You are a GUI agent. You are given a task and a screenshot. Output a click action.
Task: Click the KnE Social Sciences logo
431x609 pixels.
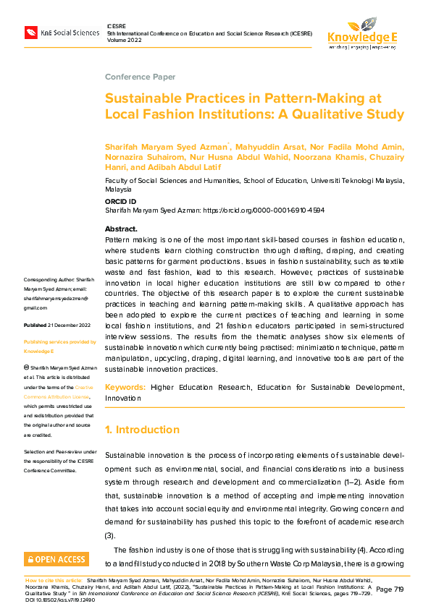62,33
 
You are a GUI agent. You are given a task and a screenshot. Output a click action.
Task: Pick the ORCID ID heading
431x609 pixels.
120,201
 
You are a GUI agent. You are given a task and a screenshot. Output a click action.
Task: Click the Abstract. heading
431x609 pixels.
121,229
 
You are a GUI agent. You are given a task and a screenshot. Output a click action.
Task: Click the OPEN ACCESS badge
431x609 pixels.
57,559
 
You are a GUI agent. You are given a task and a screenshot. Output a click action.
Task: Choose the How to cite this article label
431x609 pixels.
54,580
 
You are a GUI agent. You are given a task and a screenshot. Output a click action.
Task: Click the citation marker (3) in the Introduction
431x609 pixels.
110,535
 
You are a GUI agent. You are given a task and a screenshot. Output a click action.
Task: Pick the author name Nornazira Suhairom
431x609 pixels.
141,156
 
